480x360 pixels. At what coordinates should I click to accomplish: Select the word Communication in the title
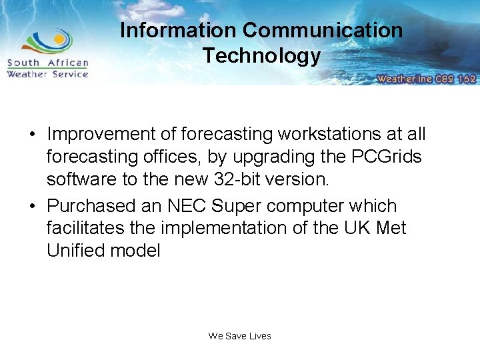(323, 31)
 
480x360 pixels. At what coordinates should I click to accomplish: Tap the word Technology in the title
(261, 55)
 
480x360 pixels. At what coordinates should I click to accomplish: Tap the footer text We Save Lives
(240, 336)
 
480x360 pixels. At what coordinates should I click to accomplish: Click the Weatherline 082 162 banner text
(426, 79)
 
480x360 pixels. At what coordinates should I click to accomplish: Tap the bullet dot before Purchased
(32, 206)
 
